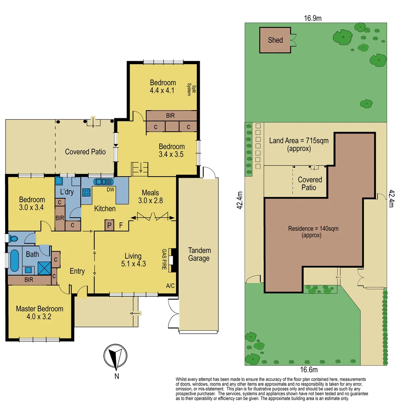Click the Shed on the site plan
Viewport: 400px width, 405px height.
click(275, 40)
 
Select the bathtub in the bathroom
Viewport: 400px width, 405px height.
click(14, 261)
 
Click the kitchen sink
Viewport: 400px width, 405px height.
click(103, 182)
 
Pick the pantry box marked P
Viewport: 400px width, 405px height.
click(110, 225)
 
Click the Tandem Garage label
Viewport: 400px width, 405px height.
click(199, 254)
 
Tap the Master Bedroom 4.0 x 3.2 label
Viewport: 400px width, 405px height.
click(39, 312)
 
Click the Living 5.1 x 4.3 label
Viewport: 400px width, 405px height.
click(133, 259)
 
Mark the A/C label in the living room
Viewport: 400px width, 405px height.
click(170, 286)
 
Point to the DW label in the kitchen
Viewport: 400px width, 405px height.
click(110, 189)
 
